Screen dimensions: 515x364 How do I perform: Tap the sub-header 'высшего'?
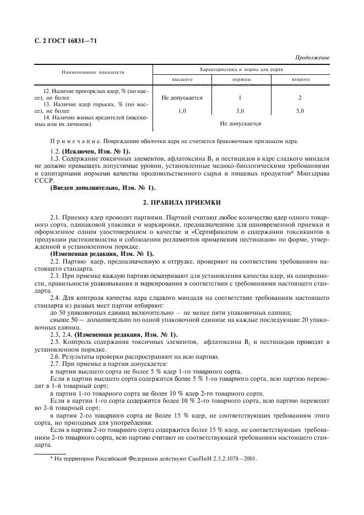pos(182,79)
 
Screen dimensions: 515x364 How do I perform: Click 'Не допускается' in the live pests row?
pos(240,124)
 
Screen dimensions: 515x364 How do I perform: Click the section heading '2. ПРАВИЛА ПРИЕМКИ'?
pos(182,202)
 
